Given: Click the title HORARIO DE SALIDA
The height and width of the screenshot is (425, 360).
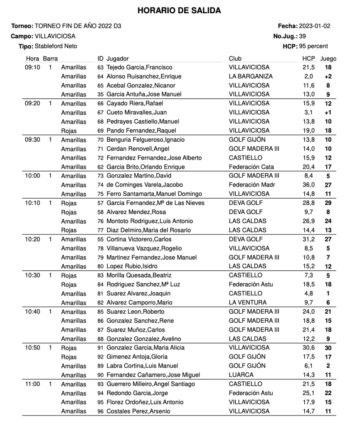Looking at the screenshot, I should tap(179, 11).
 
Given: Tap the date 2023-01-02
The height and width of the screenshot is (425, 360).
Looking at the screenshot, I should tap(315, 26).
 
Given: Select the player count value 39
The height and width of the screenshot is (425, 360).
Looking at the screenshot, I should tap(303, 36).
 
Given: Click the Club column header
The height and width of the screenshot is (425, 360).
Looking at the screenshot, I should tap(235, 59).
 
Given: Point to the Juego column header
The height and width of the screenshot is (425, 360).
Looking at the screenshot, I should tap(329, 59).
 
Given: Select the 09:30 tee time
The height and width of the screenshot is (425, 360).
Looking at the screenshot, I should tap(32, 140).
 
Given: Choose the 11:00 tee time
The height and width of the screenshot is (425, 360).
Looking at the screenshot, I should tap(32, 384).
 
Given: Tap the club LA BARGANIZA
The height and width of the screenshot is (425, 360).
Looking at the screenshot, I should tap(251, 76).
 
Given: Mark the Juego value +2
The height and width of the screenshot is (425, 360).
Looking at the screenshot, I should tap(328, 76).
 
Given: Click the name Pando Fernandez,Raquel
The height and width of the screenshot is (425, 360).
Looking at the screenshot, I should tap(135, 131).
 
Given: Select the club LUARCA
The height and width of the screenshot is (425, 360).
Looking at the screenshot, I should tap(241, 375).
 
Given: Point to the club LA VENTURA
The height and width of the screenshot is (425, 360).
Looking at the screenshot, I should tap(248, 302).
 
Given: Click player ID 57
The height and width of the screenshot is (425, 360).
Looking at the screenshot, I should tap(100, 203).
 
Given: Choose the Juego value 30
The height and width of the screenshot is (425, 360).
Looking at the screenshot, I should tap(328, 348).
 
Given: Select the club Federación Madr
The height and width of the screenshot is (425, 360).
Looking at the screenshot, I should tap(251, 185).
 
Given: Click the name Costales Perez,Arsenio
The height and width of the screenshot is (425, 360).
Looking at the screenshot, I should tap(138, 411).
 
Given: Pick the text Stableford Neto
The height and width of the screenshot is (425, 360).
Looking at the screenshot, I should tap(56, 46).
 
